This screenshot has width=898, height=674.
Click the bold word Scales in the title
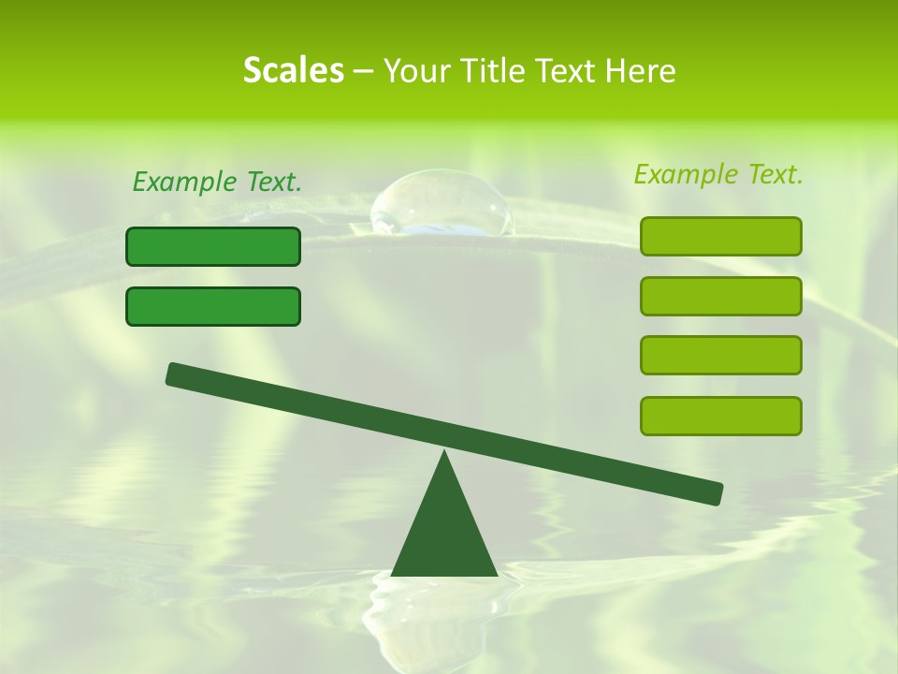coord(293,70)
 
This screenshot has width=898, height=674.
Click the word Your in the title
coord(418,70)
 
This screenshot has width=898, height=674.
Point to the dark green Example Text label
coord(217,183)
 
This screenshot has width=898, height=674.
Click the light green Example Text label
coord(718,174)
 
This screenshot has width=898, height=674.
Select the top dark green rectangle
coord(213,246)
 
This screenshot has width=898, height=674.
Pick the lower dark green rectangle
coord(213,306)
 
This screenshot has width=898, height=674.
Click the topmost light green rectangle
coord(720,236)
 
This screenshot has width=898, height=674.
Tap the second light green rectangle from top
coord(720,296)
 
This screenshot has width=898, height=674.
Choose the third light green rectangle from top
coord(720,355)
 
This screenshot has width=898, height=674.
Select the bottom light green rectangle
coord(720,416)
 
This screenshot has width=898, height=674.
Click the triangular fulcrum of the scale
coord(444,529)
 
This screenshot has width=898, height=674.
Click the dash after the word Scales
coord(363,71)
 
